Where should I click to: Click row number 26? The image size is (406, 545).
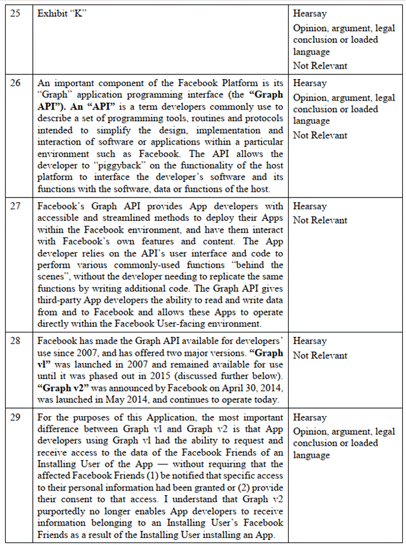[16, 84]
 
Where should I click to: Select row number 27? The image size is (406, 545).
[16, 206]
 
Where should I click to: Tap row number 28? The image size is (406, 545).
[16, 342]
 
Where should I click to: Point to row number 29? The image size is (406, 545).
[16, 418]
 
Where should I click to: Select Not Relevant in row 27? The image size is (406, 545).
[320, 220]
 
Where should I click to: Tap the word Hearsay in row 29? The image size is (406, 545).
[310, 418]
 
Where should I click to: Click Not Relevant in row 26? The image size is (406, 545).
[320, 135]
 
